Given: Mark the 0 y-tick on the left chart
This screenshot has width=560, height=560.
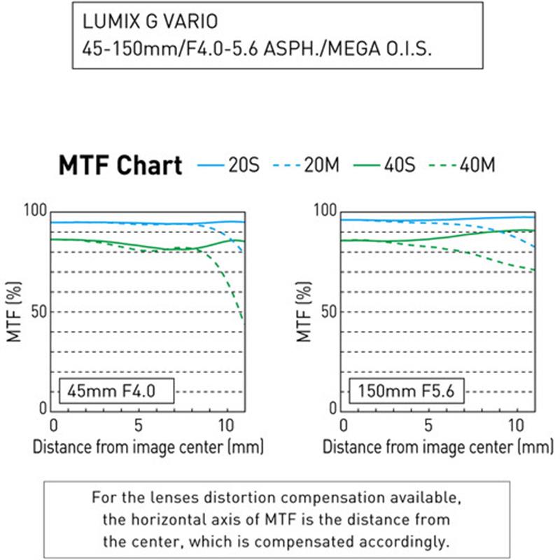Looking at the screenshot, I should tap(43, 408).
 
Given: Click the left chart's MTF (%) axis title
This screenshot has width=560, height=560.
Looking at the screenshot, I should tap(13, 310).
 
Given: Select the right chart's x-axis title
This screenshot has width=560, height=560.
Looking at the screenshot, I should tap(438, 446).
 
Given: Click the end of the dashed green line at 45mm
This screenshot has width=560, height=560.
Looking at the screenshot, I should tap(243, 320).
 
